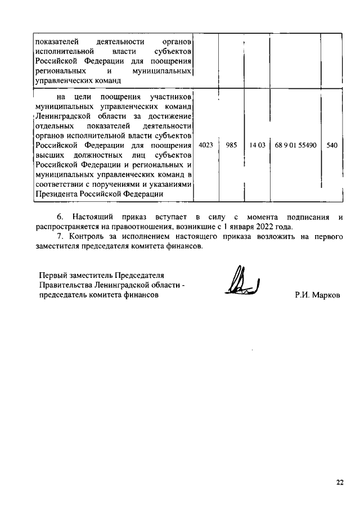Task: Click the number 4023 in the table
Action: [206, 145]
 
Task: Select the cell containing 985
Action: [231, 145]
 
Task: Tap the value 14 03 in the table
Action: [256, 145]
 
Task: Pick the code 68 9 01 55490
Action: [296, 145]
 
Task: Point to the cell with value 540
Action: [332, 145]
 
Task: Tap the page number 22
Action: [340, 481]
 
